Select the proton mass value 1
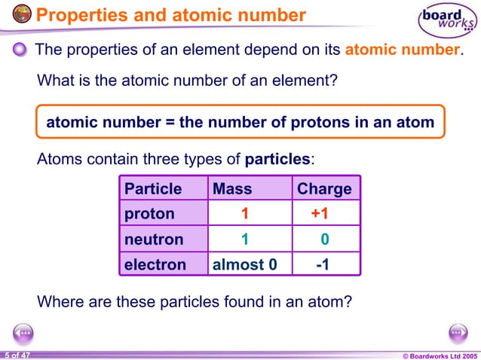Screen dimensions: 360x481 244,214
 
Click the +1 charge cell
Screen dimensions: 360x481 320,214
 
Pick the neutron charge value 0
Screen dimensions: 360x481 324,239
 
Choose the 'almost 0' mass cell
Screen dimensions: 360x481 239,264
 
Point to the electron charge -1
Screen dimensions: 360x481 323,264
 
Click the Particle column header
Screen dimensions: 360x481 153,188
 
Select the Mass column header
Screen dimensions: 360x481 232,188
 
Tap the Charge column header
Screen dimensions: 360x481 324,188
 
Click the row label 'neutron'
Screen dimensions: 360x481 154,239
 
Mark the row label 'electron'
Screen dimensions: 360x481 155,264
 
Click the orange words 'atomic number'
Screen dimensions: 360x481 401,50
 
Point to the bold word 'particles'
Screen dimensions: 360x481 277,160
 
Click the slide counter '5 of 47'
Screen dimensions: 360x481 16,355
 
